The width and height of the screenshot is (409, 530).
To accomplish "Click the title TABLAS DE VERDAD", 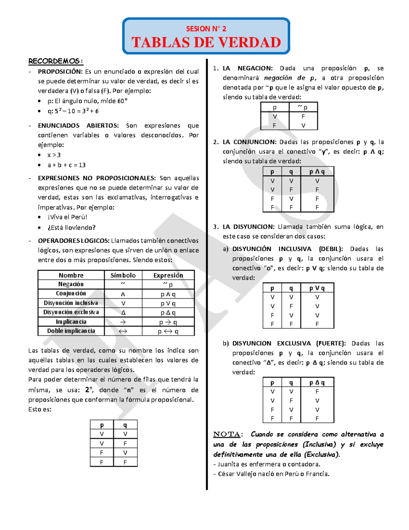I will (x=206, y=43).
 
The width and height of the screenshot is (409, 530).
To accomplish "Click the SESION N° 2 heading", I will (x=206, y=29).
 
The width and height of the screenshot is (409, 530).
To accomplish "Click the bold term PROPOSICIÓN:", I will (x=60, y=72).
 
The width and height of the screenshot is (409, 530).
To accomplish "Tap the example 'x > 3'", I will (x=54, y=155).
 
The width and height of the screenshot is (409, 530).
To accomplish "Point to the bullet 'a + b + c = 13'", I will (x=66, y=165).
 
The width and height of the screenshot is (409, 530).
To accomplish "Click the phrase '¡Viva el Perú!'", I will (x=67, y=217).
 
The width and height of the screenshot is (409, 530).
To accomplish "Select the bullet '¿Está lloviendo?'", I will (x=72, y=228).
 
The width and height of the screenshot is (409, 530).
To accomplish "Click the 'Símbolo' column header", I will (x=123, y=275).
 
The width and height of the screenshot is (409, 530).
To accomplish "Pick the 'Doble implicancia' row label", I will (x=71, y=331).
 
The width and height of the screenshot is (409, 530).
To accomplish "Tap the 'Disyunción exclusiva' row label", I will (x=71, y=312).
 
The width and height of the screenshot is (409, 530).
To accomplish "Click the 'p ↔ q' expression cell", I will (x=168, y=331).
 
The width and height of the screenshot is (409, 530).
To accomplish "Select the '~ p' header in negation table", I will (x=303, y=107).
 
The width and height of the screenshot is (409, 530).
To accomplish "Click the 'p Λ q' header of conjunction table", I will (x=317, y=172).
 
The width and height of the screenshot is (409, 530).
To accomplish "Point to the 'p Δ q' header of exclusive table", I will (x=317, y=383).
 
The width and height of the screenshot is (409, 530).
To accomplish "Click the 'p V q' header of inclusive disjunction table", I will (x=317, y=288).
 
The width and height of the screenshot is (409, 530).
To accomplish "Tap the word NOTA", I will (x=227, y=434).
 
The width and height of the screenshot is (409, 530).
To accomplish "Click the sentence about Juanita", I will (x=267, y=464).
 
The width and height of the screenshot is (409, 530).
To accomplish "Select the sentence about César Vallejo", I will (x=271, y=474).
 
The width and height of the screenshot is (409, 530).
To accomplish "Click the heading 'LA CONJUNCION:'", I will (x=249, y=142).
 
